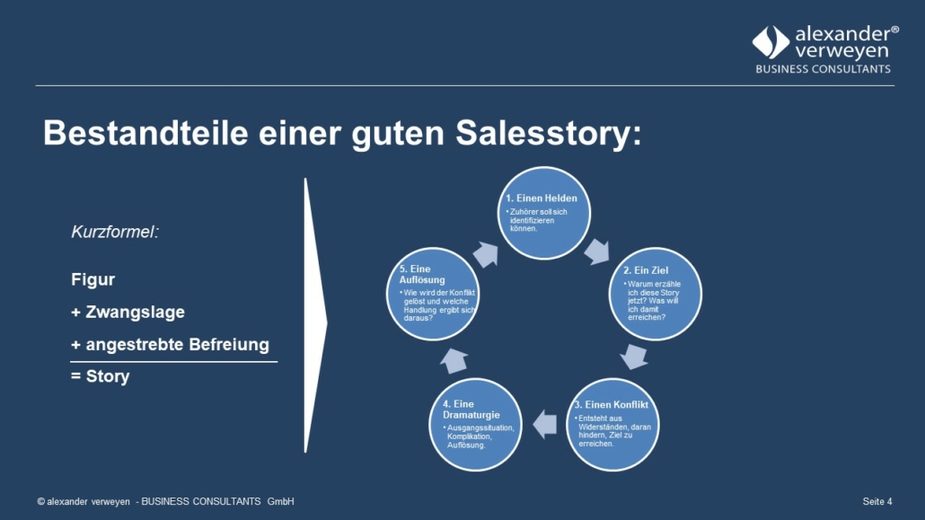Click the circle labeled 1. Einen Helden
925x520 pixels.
click(544, 213)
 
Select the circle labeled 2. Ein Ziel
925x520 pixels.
click(656, 294)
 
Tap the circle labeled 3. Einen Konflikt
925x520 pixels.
click(613, 425)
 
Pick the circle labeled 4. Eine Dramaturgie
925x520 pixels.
click(475, 425)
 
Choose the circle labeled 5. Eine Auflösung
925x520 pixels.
click(433, 294)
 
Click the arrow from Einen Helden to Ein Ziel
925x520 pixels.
click(597, 252)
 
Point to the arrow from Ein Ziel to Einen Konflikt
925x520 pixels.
click(634, 357)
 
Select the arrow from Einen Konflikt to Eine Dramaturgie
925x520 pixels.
click(544, 425)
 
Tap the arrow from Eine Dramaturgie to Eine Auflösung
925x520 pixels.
click(454, 361)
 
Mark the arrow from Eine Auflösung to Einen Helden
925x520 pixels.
click(486, 254)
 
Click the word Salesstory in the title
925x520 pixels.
click(548, 134)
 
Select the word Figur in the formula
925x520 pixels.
click(93, 280)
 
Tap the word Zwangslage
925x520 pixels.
click(135, 313)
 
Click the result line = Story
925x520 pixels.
click(101, 376)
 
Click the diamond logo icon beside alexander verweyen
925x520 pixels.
click(771, 42)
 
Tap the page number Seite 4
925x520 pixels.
click(877, 501)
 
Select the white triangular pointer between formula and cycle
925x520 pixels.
click(314, 316)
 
